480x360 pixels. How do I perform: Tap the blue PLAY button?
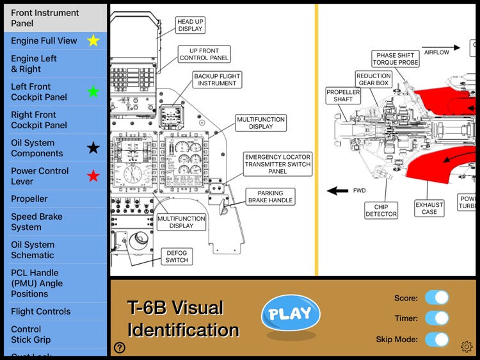point(291,313)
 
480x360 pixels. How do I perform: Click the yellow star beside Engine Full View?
point(93,41)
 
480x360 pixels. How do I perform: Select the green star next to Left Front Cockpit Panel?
point(93,92)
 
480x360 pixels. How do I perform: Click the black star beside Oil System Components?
point(93,148)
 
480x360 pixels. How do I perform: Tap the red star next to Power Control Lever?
point(93,176)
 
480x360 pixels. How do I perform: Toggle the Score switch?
point(436,298)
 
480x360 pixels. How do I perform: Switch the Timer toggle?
point(436,318)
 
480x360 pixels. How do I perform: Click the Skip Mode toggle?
point(436,340)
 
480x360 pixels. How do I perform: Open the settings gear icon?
point(467,347)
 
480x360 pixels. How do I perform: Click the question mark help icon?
point(120,348)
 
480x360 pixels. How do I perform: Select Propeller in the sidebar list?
point(29,199)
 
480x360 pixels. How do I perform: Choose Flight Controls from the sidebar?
point(40,311)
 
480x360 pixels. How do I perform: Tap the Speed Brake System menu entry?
point(36,222)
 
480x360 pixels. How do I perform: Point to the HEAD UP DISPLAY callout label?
point(190,25)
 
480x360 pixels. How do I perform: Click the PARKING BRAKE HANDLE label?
point(270,197)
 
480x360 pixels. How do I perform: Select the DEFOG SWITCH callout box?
point(177,256)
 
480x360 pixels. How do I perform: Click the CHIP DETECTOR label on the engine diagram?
point(381,210)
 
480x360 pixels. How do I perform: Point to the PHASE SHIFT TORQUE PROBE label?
point(396,59)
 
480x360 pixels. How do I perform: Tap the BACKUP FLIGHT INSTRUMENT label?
point(217,80)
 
